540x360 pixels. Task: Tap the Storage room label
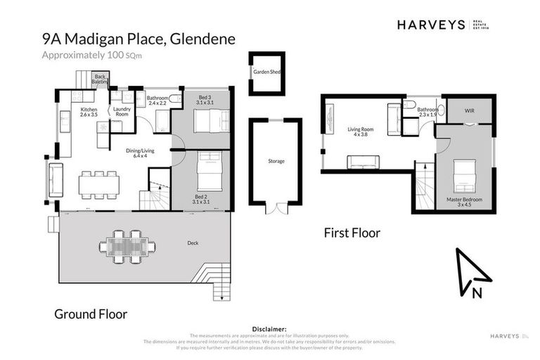pyautogui.click(x=276, y=161)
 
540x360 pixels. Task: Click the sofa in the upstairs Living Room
pyautogui.click(x=364, y=162)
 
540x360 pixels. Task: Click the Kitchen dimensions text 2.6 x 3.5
pyautogui.click(x=89, y=115)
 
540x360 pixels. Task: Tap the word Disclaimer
pyautogui.click(x=269, y=328)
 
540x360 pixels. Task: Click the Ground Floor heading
pyautogui.click(x=91, y=314)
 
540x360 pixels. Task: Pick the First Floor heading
pyautogui.click(x=352, y=232)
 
